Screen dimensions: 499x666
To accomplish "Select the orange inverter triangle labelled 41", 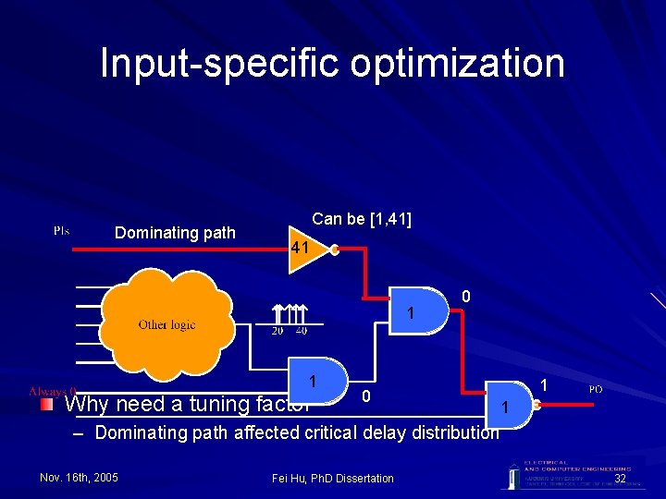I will pos(303,249).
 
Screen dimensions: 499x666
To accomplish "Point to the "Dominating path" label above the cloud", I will pos(175,233).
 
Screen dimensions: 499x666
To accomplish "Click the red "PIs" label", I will pos(61,230).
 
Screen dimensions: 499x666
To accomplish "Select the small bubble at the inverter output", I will pos(335,249).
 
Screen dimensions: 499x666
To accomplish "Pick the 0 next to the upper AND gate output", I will pos(466,298).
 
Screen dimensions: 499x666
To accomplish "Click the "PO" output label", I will pos(596,389).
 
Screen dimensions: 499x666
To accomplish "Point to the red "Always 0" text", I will pos(54,391).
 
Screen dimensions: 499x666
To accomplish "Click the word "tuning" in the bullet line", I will pos(217,404).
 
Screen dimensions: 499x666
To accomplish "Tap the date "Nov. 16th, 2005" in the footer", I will pos(80,478).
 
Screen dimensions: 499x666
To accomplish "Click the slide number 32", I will pos(620,478).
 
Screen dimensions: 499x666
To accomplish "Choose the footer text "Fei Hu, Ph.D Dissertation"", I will pos(333,478).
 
